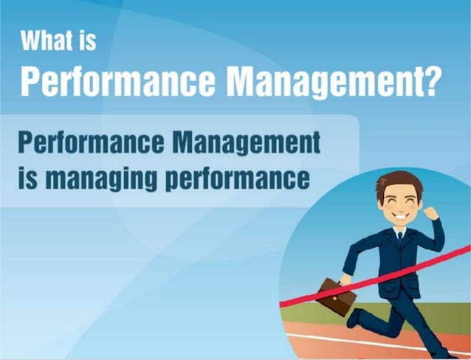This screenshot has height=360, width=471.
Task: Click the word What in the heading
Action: (49, 41)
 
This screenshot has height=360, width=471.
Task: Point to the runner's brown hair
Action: (399, 183)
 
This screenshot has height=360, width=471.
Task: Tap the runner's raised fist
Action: (433, 213)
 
